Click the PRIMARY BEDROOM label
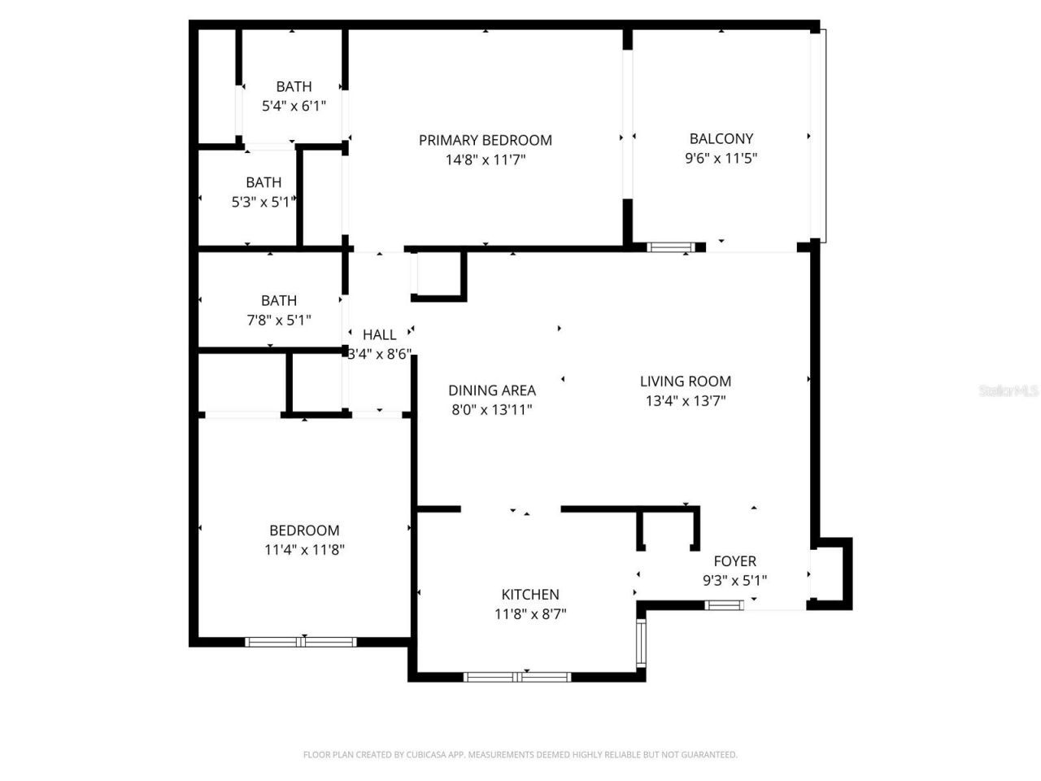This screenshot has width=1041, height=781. pos(485,140)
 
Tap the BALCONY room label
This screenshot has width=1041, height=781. pos(721,138)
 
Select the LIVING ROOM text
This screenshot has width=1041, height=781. pos(685,381)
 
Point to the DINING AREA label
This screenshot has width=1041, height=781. pos(491,390)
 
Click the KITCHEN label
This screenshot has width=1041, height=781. pos(529,595)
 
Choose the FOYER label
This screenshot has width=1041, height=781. pos(734,561)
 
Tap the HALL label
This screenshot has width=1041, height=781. pos(379,334)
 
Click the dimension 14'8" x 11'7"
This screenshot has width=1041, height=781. pos(485,160)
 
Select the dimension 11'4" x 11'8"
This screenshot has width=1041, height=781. pos(304,550)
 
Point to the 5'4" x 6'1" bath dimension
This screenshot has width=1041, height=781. pos(294,106)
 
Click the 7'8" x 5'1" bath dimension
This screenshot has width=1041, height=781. pos(278,321)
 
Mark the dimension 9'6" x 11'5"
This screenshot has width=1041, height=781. pos(721,159)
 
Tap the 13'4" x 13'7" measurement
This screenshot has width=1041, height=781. pos(685,401)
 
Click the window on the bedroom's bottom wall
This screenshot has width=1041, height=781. pos(301,642)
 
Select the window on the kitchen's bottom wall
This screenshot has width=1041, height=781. pos(517,677)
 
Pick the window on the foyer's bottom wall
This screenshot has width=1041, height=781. pos(724,604)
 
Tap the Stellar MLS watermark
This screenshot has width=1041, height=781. pos(1008,390)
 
